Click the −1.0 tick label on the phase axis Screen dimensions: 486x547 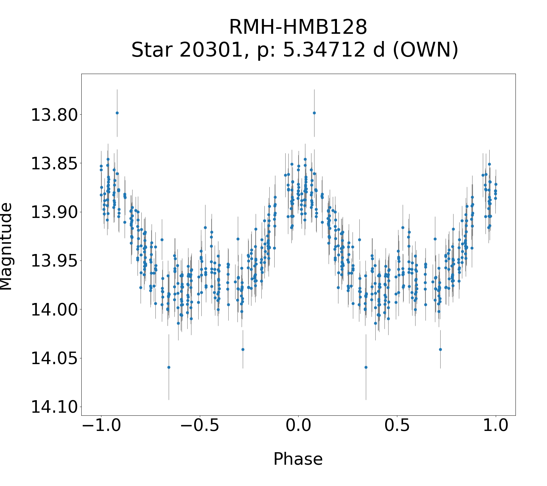(101, 426)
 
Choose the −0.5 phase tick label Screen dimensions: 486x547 (199, 426)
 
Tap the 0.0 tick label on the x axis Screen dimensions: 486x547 (298, 426)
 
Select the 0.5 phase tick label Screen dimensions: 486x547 (397, 426)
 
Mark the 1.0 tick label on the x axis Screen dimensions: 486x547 (496, 426)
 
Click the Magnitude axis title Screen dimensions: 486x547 (6, 247)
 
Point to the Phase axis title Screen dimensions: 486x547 (298, 459)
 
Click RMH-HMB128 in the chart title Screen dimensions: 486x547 (298, 28)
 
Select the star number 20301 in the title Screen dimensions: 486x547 (211, 50)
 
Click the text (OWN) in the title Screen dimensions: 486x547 (425, 50)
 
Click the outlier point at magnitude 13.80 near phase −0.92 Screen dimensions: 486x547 (117, 113)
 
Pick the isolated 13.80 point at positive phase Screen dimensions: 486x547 (314, 113)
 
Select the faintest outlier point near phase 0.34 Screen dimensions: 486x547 (366, 367)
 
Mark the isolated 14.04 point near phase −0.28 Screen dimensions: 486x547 (243, 349)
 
